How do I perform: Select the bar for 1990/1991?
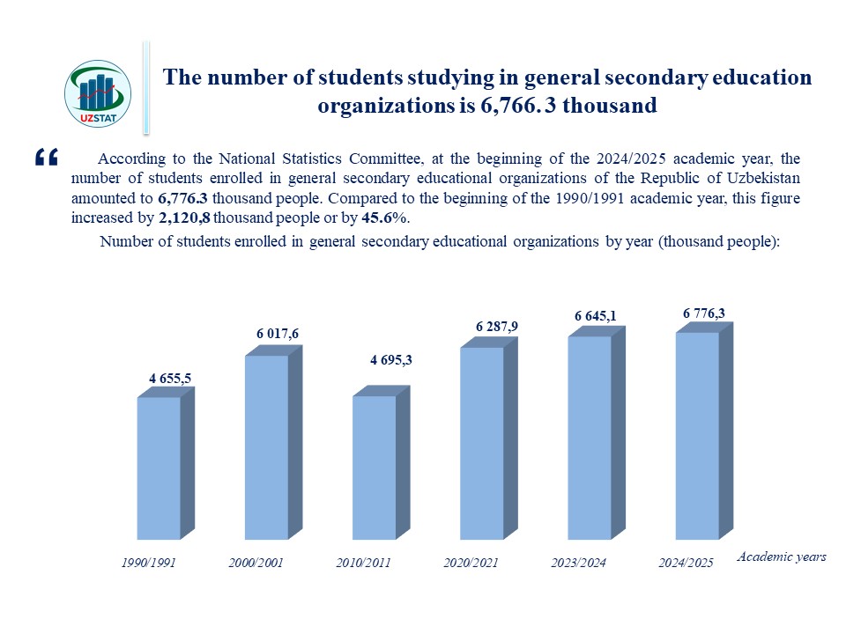pyautogui.click(x=160, y=468)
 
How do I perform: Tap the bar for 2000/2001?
pyautogui.click(x=267, y=446)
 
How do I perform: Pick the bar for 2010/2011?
pyautogui.click(x=375, y=467)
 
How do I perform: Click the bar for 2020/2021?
pyautogui.click(x=482, y=442)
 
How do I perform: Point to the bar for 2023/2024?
pyautogui.click(x=590, y=437)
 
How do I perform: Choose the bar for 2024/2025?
pyautogui.click(x=697, y=435)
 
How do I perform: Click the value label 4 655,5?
pyautogui.click(x=170, y=379)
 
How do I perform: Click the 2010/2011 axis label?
pyautogui.click(x=363, y=562)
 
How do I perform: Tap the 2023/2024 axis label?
pyautogui.click(x=578, y=562)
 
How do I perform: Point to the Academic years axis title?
pyautogui.click(x=781, y=557)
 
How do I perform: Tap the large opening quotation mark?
pyautogui.click(x=46, y=158)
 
